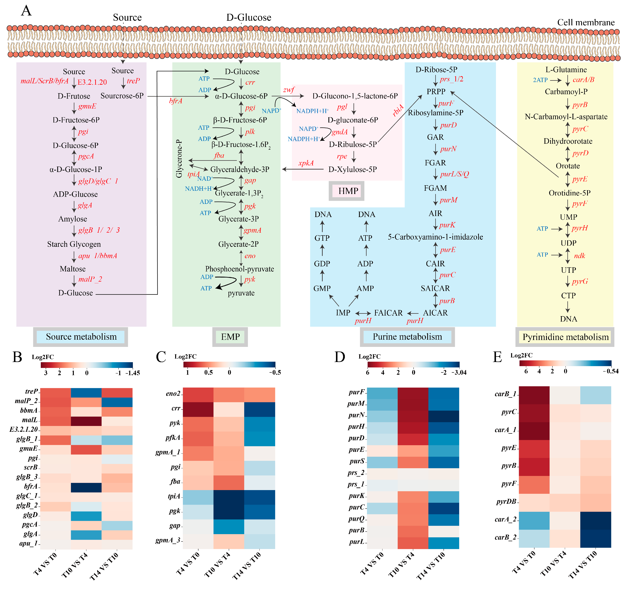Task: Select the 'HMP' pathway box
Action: click(x=348, y=191)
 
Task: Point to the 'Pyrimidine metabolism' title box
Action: click(x=565, y=337)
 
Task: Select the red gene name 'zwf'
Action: click(x=289, y=90)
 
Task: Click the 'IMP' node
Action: click(x=343, y=313)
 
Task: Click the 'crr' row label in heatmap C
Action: click(x=176, y=408)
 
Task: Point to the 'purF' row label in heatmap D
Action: click(x=357, y=392)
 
